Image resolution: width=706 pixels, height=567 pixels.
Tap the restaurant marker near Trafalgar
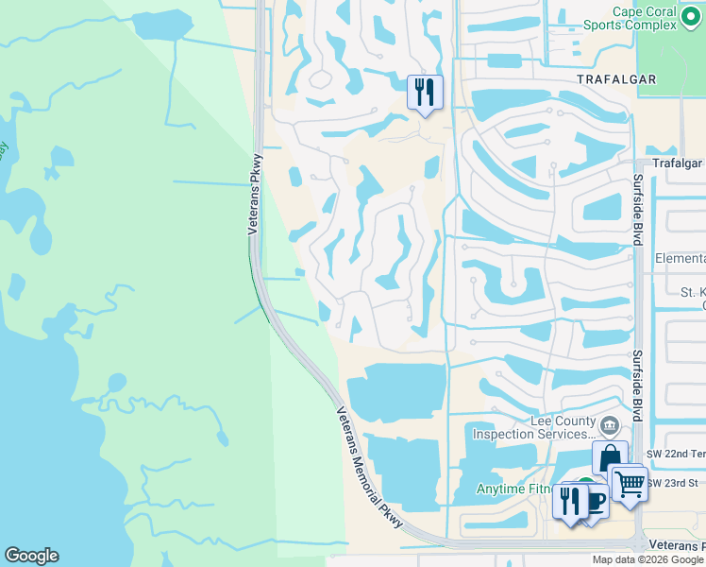[x=424, y=93]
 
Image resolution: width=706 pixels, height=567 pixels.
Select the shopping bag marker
[x=609, y=457]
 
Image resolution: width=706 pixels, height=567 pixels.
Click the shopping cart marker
[x=630, y=484]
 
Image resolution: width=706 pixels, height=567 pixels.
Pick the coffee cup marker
[x=595, y=500]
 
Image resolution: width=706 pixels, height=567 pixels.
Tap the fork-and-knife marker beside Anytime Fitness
[x=570, y=500]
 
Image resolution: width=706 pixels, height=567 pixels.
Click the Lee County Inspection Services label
[x=534, y=427]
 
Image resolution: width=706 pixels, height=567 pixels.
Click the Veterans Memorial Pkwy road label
[x=371, y=469]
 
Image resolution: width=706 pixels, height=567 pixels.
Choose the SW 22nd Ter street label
[x=675, y=455]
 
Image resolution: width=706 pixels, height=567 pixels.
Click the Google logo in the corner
[x=31, y=556]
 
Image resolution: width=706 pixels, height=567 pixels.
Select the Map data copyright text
[x=647, y=560]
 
